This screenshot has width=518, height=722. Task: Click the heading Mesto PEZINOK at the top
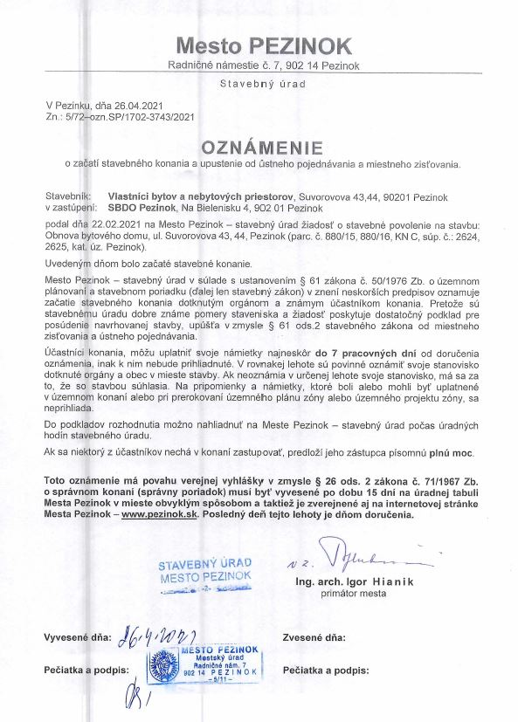click(263, 45)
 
